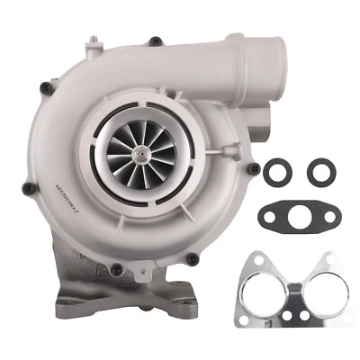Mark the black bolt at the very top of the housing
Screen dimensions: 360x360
point(155,40)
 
